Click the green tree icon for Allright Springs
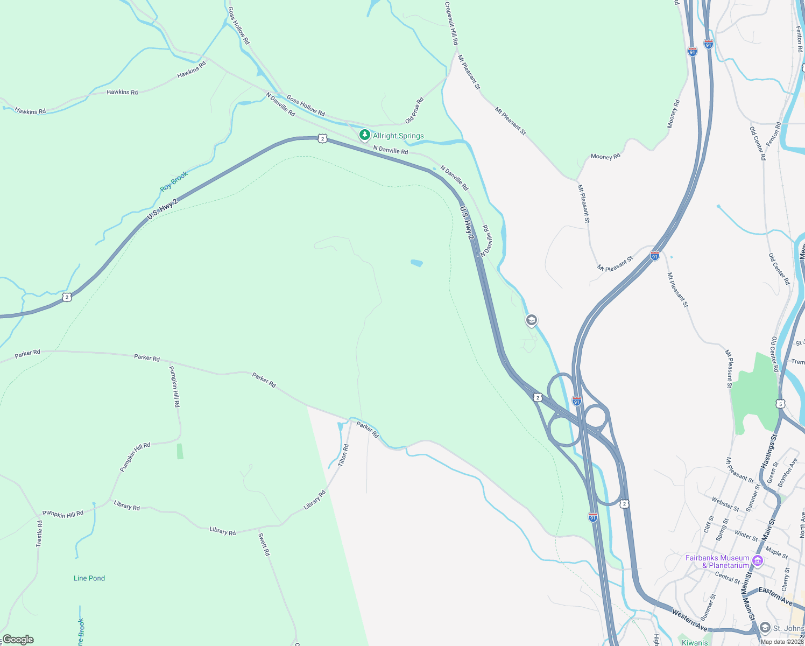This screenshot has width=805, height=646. point(365,135)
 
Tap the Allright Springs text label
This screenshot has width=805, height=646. point(398,136)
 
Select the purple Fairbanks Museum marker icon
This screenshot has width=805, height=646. point(758,561)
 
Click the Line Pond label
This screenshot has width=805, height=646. point(89,578)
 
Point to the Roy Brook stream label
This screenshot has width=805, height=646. point(174,181)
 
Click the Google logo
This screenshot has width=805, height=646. point(18,640)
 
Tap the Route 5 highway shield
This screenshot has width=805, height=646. point(781,404)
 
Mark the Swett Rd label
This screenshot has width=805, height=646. point(264,544)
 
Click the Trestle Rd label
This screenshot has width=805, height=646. point(39,533)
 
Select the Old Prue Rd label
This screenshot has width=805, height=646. point(414,110)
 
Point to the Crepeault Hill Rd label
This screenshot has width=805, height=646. point(451,23)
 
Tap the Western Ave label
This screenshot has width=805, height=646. point(689,620)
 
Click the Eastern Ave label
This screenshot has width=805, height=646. point(775,595)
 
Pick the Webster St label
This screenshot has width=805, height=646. point(725,504)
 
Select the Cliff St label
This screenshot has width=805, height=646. point(708,524)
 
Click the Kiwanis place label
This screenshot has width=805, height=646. point(695,642)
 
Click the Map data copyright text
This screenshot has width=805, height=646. point(782,642)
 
